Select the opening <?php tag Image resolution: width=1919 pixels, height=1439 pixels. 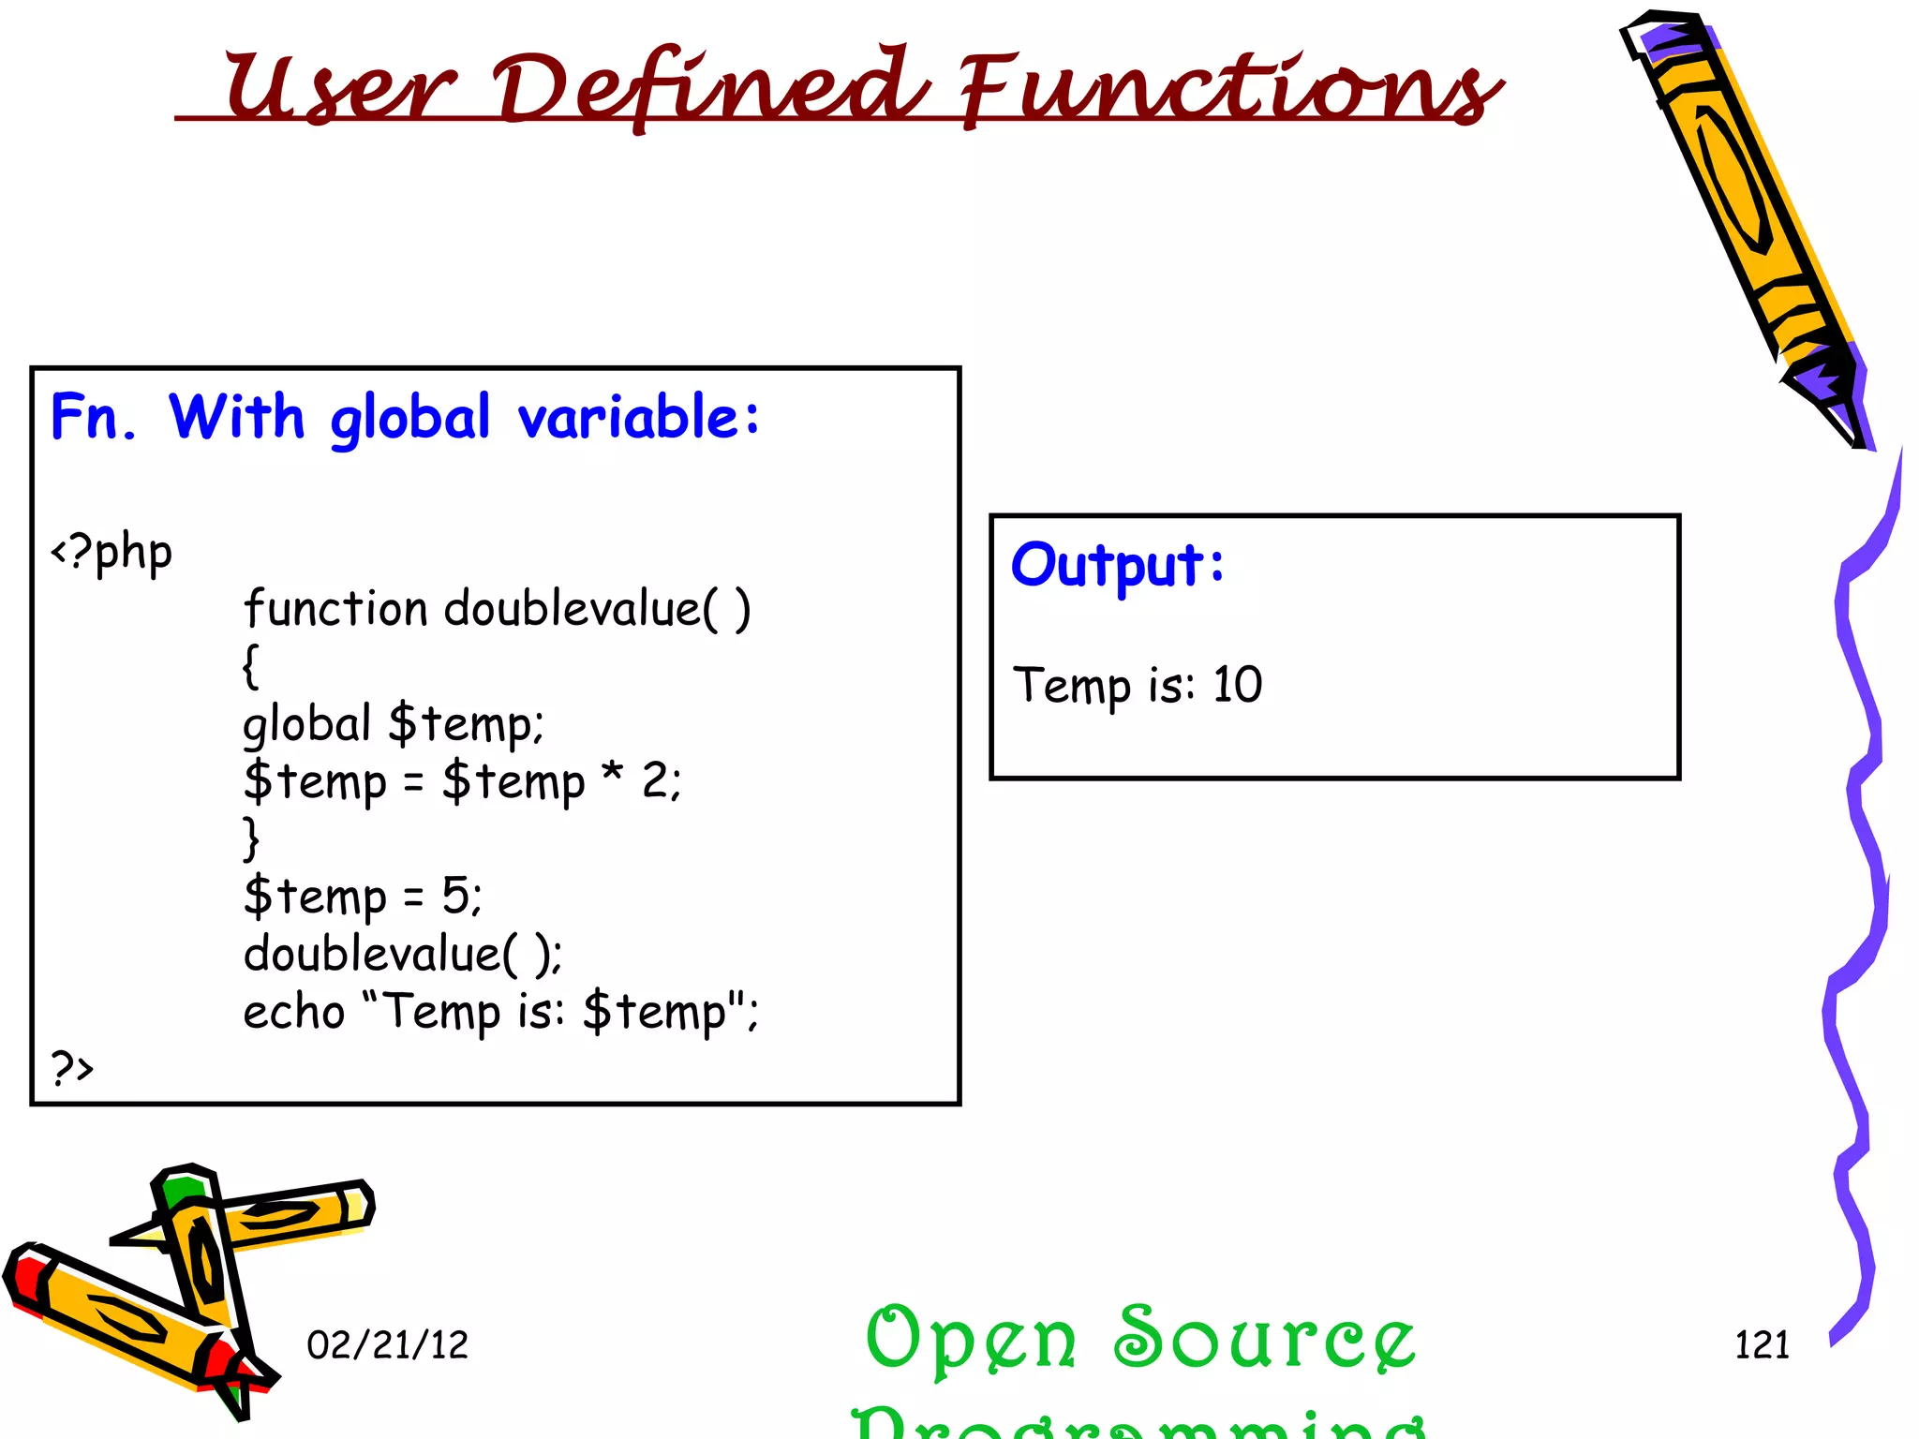112,553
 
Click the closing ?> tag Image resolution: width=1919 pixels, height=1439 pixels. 72,1067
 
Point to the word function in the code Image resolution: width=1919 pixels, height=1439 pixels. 335,610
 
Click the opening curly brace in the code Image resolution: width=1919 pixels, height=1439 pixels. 250,667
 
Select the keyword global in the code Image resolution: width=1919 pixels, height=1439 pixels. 307,724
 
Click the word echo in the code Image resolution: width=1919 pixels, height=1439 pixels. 294,1013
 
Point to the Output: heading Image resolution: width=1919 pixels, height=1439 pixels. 1117,566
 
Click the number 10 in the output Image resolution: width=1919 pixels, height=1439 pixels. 1237,685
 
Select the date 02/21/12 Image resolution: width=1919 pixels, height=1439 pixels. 387,1345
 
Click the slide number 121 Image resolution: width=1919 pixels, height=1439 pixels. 1762,1345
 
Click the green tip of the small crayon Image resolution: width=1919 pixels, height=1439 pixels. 180,1190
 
